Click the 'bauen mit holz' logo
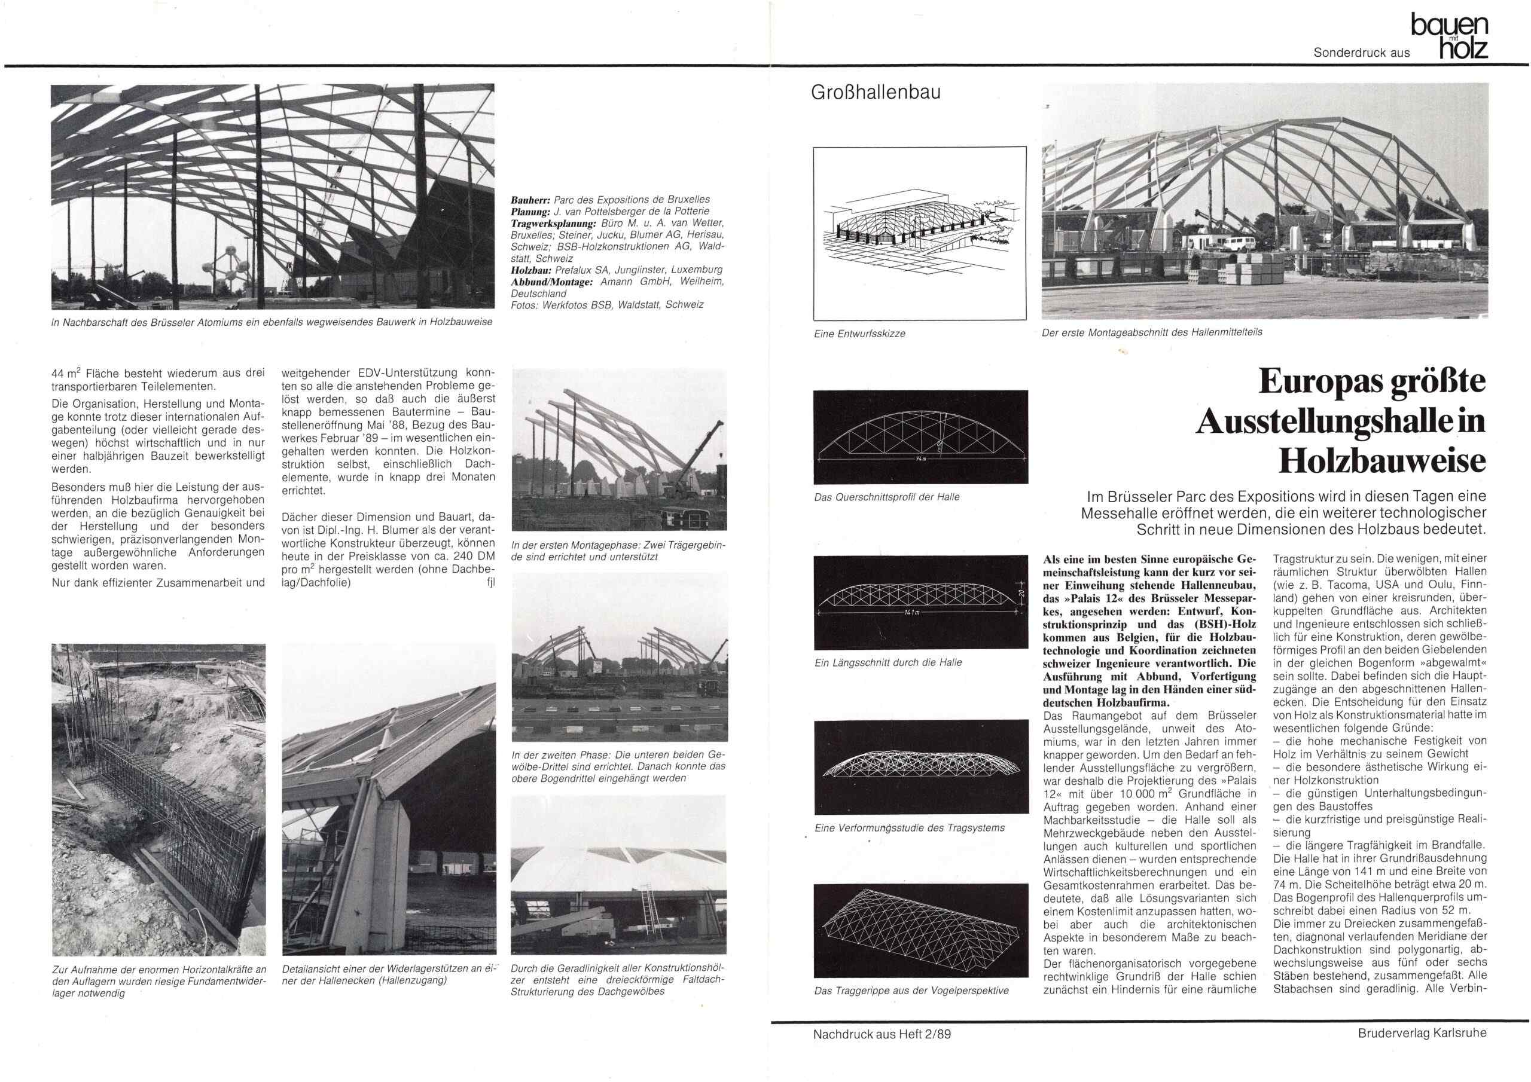pyautogui.click(x=1449, y=37)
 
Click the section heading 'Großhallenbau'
pyautogui.click(x=875, y=92)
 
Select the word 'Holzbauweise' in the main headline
pyautogui.click(x=1381, y=460)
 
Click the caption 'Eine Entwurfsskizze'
pyautogui.click(x=859, y=334)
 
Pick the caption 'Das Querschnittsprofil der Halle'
pyautogui.click(x=886, y=497)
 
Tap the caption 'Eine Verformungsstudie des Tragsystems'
pyautogui.click(x=909, y=828)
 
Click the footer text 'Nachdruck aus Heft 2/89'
pyautogui.click(x=882, y=1034)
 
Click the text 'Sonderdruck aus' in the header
pyautogui.click(x=1361, y=53)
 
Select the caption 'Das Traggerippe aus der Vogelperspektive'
pyautogui.click(x=911, y=991)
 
